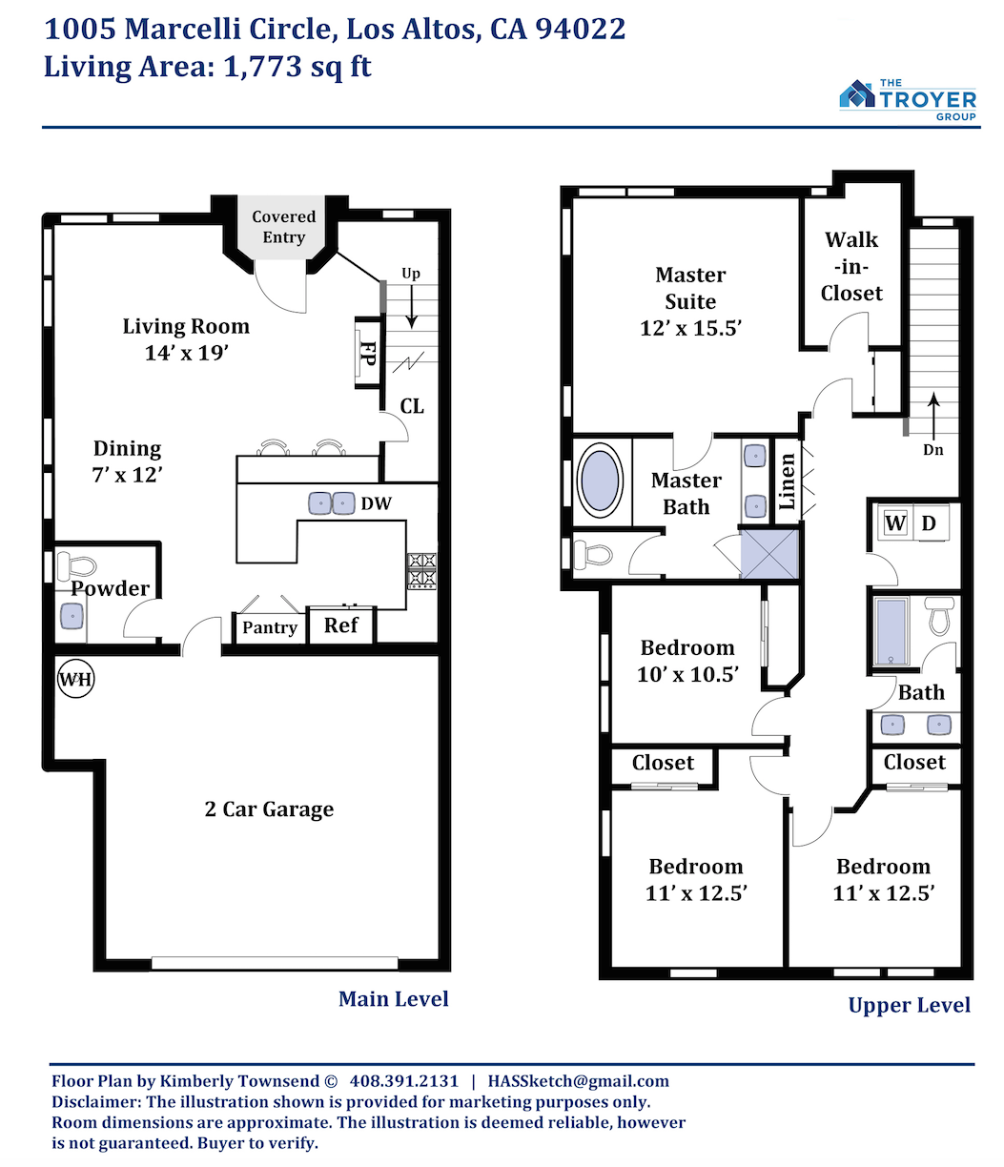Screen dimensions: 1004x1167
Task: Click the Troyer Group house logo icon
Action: (x=856, y=93)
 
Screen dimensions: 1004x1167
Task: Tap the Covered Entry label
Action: (x=283, y=226)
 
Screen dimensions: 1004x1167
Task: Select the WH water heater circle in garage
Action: (x=75, y=679)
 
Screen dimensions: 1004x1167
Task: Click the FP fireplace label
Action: (x=368, y=354)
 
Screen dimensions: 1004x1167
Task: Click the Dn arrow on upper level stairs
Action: (x=933, y=416)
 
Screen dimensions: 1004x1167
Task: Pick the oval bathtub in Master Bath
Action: (x=599, y=480)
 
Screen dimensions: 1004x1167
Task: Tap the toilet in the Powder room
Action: (x=76, y=565)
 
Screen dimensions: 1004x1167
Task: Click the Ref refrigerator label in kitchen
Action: (x=340, y=625)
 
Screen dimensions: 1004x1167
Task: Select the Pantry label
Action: (x=270, y=627)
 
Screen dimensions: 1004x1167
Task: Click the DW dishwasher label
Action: (x=376, y=503)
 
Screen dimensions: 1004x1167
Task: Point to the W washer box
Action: (x=895, y=523)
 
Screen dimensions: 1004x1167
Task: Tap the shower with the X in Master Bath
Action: (x=769, y=555)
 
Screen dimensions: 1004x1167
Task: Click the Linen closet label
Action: (x=787, y=481)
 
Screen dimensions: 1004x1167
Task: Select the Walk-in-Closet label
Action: (x=851, y=267)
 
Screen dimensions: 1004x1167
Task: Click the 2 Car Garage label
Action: (x=269, y=809)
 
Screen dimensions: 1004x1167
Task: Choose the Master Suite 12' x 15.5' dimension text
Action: (x=690, y=328)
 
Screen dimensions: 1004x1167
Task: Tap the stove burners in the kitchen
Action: (x=421, y=571)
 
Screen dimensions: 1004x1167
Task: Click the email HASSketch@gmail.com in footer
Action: (x=578, y=1080)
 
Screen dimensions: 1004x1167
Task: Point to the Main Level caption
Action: (x=393, y=999)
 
